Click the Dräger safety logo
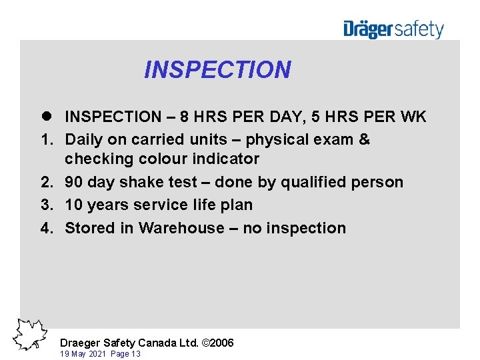[393, 29]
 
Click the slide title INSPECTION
[217, 70]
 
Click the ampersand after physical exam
[364, 140]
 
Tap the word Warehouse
[180, 228]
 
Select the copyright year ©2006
[218, 343]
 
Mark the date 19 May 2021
[84, 354]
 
